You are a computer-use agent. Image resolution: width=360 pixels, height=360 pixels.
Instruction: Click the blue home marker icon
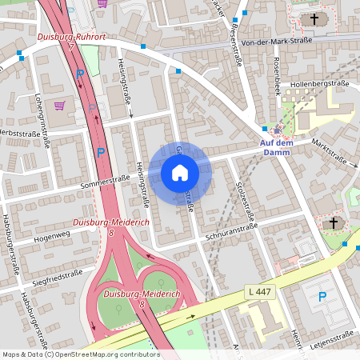[x=180, y=173]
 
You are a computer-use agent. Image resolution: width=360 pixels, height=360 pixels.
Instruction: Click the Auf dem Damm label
[x=278, y=147]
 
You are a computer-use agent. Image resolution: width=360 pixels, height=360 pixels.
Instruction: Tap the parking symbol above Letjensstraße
[x=322, y=297]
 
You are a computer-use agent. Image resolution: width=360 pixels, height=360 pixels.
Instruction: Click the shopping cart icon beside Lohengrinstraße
[x=59, y=105]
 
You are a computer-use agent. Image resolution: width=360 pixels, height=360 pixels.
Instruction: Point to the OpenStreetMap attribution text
[x=80, y=354]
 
